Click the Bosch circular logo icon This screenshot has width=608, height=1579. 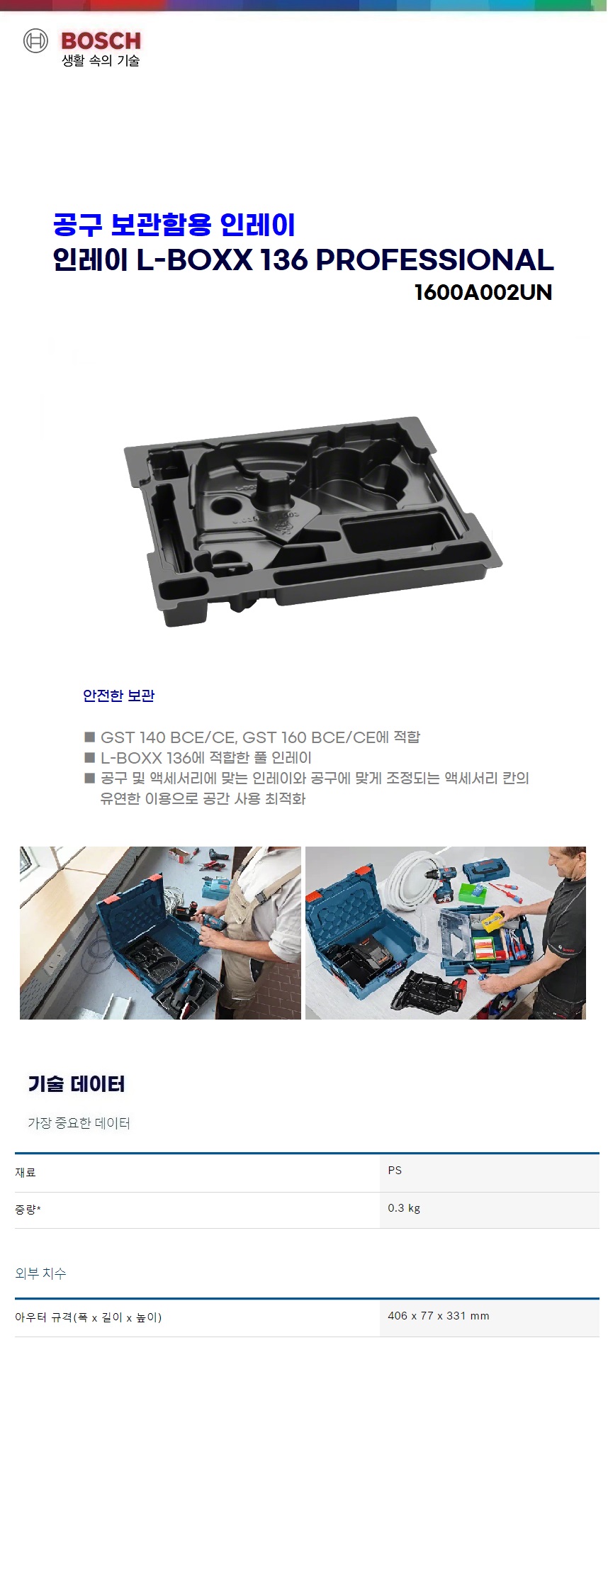35,41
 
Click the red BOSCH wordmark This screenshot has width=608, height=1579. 101,41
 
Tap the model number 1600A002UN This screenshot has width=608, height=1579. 483,292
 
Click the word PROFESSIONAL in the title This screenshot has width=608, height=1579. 434,260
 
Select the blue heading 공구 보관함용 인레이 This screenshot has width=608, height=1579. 174,225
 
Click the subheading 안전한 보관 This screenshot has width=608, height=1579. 118,696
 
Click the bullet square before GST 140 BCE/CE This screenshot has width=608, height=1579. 89,737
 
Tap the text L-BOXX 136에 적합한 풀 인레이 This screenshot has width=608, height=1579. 206,757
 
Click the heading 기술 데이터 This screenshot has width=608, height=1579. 77,1083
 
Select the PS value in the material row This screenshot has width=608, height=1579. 395,1170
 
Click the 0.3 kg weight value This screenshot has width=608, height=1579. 404,1207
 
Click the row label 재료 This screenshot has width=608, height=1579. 26,1172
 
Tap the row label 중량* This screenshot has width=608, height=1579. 28,1209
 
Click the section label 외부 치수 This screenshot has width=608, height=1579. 40,1273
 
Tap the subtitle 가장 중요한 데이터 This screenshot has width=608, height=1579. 79,1123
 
